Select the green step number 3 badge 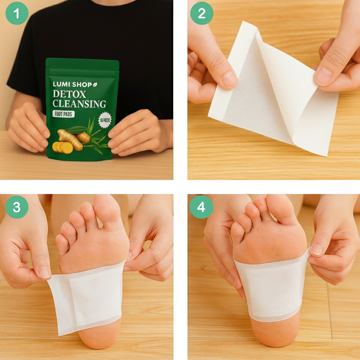coord(17,207)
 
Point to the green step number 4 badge coord(201,207)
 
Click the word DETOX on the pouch coord(69,94)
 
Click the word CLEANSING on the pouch coord(79,104)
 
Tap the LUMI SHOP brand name coord(72,84)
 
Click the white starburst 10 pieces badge coord(104,120)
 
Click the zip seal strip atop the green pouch coord(82,72)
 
